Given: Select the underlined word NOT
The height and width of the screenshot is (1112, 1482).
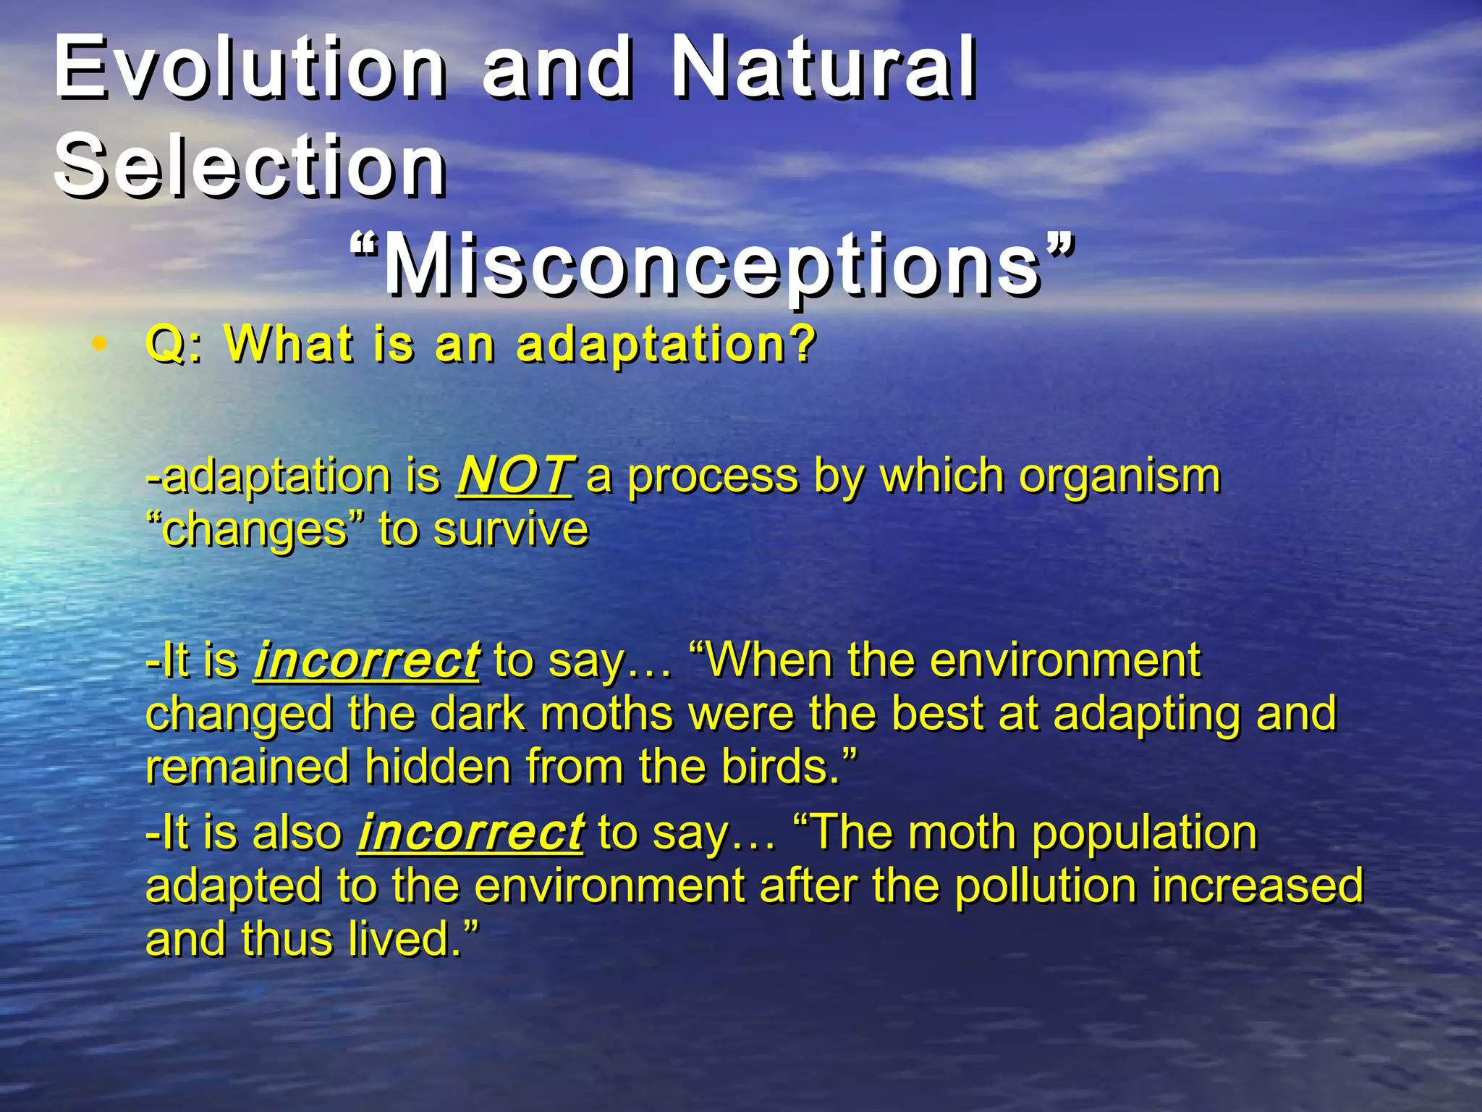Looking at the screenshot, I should [x=514, y=476].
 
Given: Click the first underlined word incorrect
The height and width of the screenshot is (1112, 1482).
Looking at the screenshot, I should [x=366, y=660].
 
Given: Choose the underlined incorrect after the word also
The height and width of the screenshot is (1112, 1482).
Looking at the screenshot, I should [x=470, y=832].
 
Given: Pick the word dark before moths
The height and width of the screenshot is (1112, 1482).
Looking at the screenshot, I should [x=478, y=713].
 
